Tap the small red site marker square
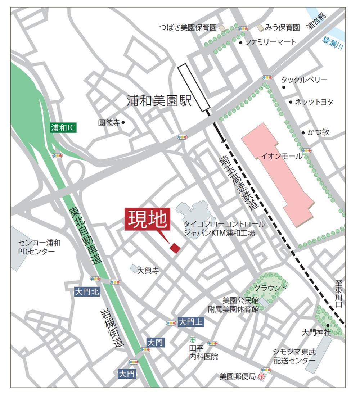point(175,248)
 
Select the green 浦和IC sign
point(63,127)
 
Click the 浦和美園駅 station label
point(159,101)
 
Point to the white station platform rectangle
point(194,87)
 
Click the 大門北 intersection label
point(87,292)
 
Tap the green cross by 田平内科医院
point(193,340)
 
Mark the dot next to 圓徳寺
point(123,122)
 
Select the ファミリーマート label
point(271,42)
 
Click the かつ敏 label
point(318,132)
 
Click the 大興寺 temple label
point(148,270)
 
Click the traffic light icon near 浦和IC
point(57,155)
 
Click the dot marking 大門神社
point(328,325)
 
